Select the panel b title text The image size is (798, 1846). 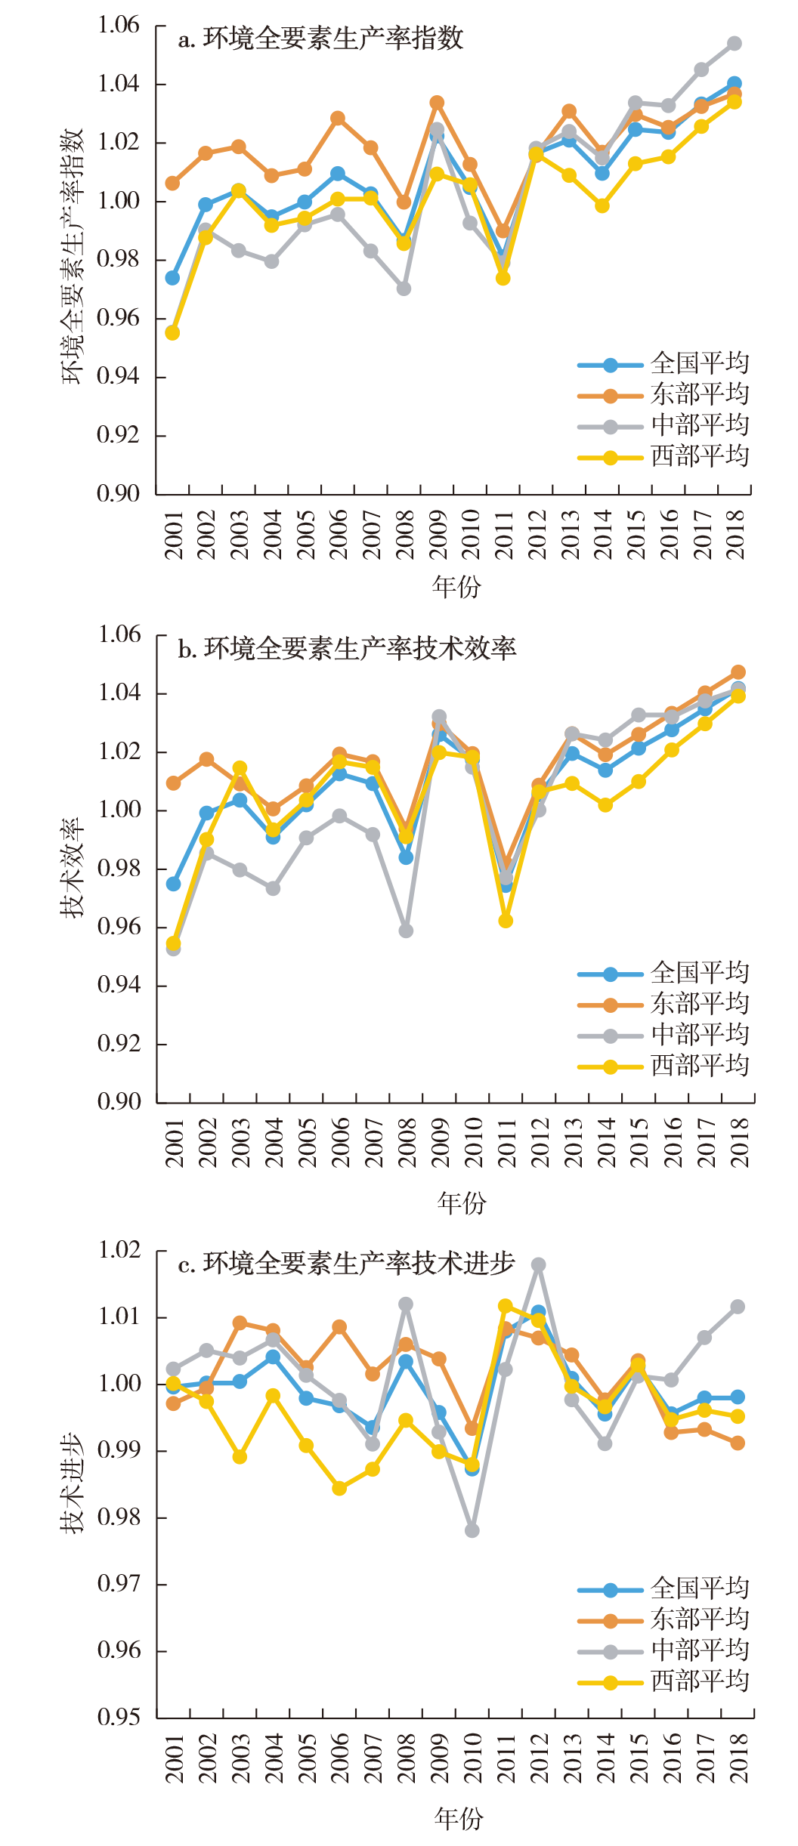[x=347, y=649]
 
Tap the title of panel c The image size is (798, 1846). [x=346, y=1264]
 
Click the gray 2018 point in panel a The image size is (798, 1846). [x=734, y=44]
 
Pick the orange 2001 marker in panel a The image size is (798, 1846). [x=172, y=184]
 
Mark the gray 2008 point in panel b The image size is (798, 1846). [x=406, y=931]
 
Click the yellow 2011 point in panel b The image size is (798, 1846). [x=506, y=921]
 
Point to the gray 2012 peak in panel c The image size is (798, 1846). [x=538, y=1264]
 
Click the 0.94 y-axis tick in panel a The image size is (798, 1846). [x=119, y=376]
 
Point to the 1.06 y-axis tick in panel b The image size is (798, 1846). [x=119, y=634]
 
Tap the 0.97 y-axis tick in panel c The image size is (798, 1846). [x=119, y=1583]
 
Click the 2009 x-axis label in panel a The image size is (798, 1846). [x=438, y=535]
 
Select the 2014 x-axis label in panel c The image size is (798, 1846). [x=605, y=1758]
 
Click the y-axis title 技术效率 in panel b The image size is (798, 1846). [x=73, y=869]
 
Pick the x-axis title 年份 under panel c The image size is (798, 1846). [x=458, y=1819]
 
